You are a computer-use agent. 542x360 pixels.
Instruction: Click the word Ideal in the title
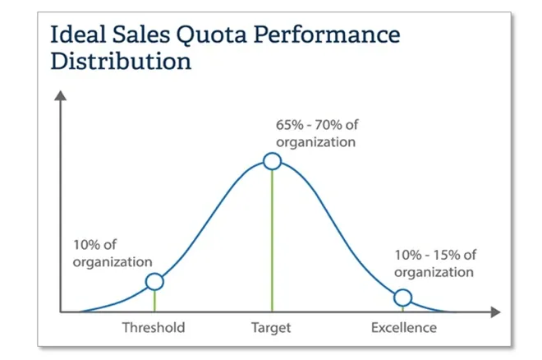(x=75, y=35)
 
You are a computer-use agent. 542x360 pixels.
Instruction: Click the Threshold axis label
(x=154, y=328)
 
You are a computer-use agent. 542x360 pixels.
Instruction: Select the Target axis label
(x=271, y=328)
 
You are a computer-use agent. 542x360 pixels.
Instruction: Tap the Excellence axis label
(x=404, y=328)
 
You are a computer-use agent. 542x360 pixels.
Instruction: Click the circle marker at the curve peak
(x=273, y=161)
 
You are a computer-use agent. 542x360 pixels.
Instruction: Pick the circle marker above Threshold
(x=154, y=282)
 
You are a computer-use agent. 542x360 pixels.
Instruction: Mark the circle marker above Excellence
(x=402, y=298)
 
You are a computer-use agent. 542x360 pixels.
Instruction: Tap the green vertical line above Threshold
(x=154, y=302)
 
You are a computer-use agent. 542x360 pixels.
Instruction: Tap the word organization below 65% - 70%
(x=315, y=141)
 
